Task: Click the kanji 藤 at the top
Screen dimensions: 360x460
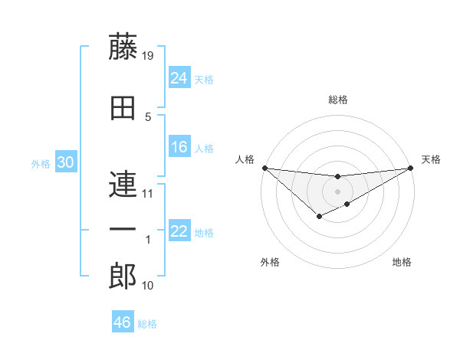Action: point(123,47)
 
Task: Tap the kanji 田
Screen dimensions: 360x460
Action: point(123,106)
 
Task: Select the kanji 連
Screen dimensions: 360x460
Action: point(123,186)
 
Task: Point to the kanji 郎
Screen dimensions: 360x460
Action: point(123,277)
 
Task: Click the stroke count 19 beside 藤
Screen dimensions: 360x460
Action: point(149,56)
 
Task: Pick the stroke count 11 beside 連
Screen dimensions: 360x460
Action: point(148,194)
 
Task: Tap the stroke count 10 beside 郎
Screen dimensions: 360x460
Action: point(148,286)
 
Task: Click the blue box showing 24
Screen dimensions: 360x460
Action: point(179,78)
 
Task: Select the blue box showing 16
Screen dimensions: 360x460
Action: point(179,147)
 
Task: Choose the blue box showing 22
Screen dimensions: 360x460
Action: point(179,231)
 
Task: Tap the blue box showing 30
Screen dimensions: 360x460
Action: point(65,162)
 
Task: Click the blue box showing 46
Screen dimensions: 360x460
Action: point(123,322)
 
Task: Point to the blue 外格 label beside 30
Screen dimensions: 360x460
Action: point(41,163)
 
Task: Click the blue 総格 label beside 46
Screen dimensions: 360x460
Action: point(147,323)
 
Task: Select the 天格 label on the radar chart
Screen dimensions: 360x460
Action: point(431,159)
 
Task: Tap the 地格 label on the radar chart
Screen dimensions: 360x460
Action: point(402,263)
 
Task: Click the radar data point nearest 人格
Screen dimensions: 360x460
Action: point(264,168)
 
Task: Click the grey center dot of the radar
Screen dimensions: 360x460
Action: point(337,191)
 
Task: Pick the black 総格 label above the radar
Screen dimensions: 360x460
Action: point(337,100)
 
